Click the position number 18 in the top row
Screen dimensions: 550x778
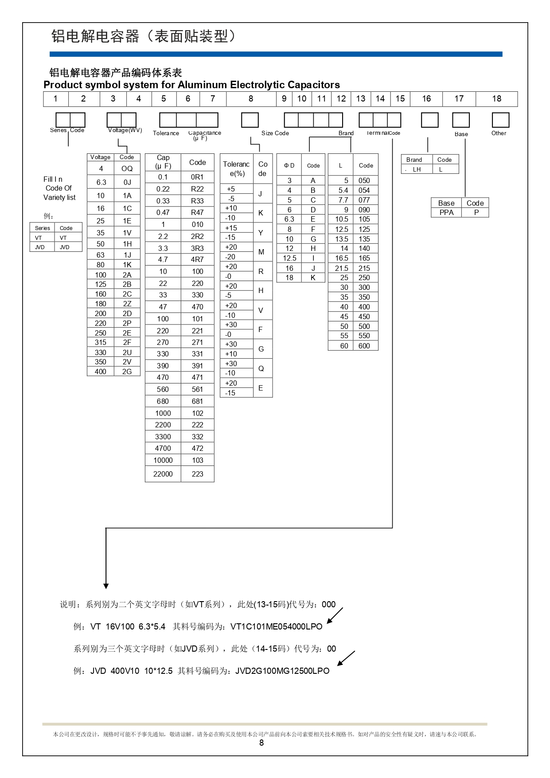point(496,99)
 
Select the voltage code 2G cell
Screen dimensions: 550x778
point(127,371)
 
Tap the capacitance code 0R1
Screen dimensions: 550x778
point(197,177)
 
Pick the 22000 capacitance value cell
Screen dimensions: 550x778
point(163,474)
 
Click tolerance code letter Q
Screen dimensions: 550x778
point(261,368)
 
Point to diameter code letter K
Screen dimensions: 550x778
point(313,278)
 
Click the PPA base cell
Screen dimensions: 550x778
point(446,212)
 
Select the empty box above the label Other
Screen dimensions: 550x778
point(500,120)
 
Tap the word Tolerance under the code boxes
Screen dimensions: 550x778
point(166,133)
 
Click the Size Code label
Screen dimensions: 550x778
point(275,133)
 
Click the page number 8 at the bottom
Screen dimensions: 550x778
point(261,743)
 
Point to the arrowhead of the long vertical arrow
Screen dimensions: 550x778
point(106,586)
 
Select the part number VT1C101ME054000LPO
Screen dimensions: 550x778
point(277,626)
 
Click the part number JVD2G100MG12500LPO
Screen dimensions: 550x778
point(282,671)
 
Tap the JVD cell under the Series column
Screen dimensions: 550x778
point(40,247)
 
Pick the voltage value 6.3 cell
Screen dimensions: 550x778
point(101,182)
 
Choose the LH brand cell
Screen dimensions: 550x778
point(417,169)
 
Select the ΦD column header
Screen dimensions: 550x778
point(289,165)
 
